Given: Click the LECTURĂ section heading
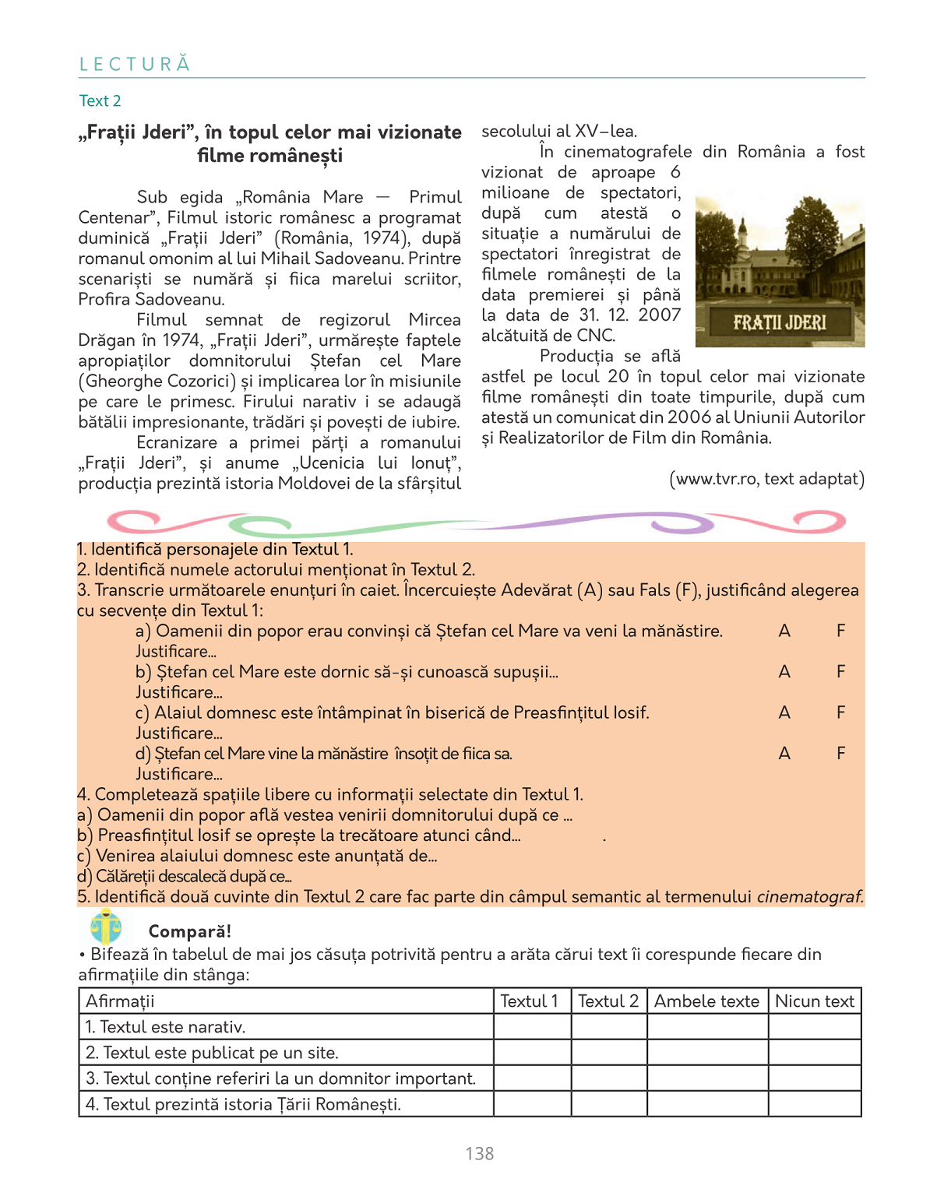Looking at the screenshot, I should (x=135, y=64).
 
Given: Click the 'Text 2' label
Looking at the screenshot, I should (x=100, y=100).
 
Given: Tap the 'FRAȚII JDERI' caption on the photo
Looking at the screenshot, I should (x=780, y=322).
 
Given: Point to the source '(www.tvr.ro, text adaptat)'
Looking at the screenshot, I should (x=766, y=478).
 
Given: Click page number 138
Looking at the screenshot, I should (x=480, y=1153).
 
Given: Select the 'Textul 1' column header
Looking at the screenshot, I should (x=530, y=1001).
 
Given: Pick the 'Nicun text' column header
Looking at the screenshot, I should (x=815, y=1001).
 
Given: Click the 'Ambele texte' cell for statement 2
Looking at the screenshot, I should (x=707, y=1053).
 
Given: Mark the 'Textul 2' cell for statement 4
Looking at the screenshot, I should (x=609, y=1104).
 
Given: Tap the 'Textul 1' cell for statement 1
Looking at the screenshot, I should (x=532, y=1027).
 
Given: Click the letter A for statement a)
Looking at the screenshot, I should (x=784, y=631).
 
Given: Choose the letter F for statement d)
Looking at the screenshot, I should (x=841, y=753).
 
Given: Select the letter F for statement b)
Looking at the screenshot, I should (x=841, y=671).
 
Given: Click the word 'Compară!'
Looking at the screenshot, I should (x=189, y=931).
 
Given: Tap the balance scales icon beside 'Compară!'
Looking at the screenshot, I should (x=106, y=927).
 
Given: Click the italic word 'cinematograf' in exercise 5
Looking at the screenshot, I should (x=810, y=896).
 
